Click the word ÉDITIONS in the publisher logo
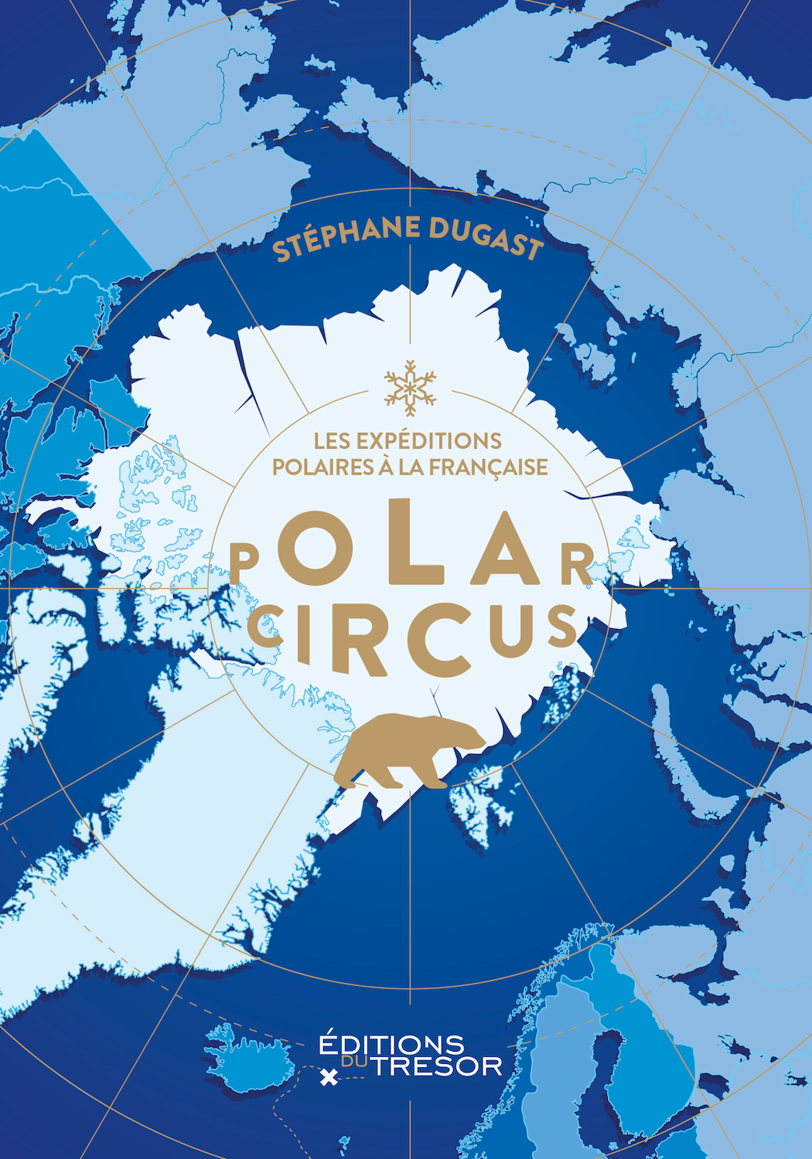391,1044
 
